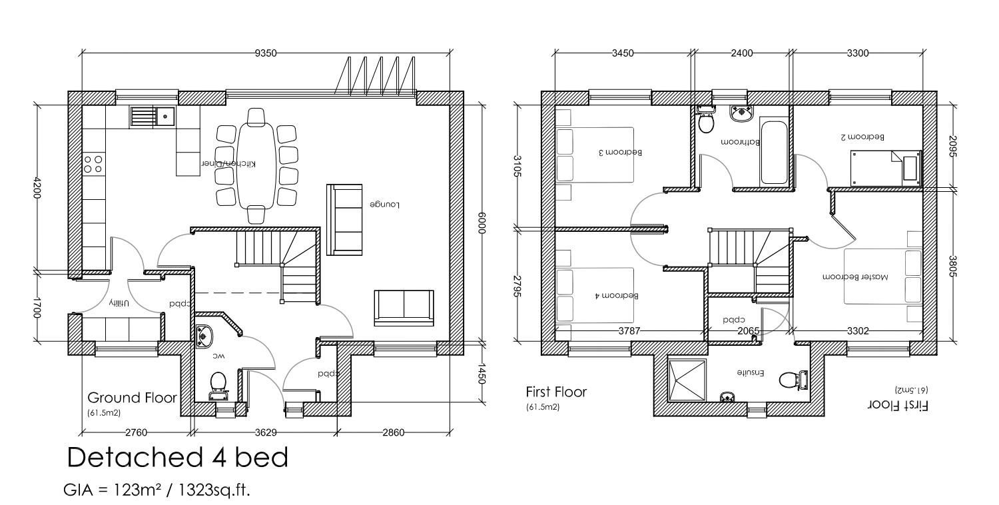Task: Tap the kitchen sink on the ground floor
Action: pos(153,117)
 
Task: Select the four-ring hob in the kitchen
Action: pos(93,164)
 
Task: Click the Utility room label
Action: pos(118,303)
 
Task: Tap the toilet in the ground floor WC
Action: pos(218,382)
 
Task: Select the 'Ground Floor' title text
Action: pos(132,398)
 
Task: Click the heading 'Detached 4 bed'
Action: pos(178,458)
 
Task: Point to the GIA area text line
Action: pos(157,490)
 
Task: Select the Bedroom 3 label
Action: pos(621,153)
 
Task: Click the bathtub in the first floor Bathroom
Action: pos(773,152)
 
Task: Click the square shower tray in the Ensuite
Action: pos(687,379)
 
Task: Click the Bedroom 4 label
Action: pos(617,295)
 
